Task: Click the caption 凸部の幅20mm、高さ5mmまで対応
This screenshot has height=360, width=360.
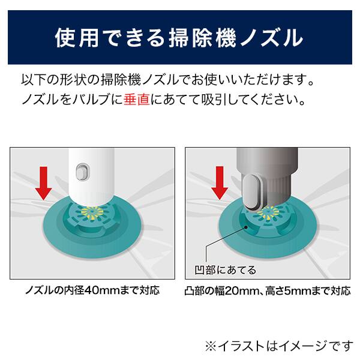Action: (268, 292)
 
